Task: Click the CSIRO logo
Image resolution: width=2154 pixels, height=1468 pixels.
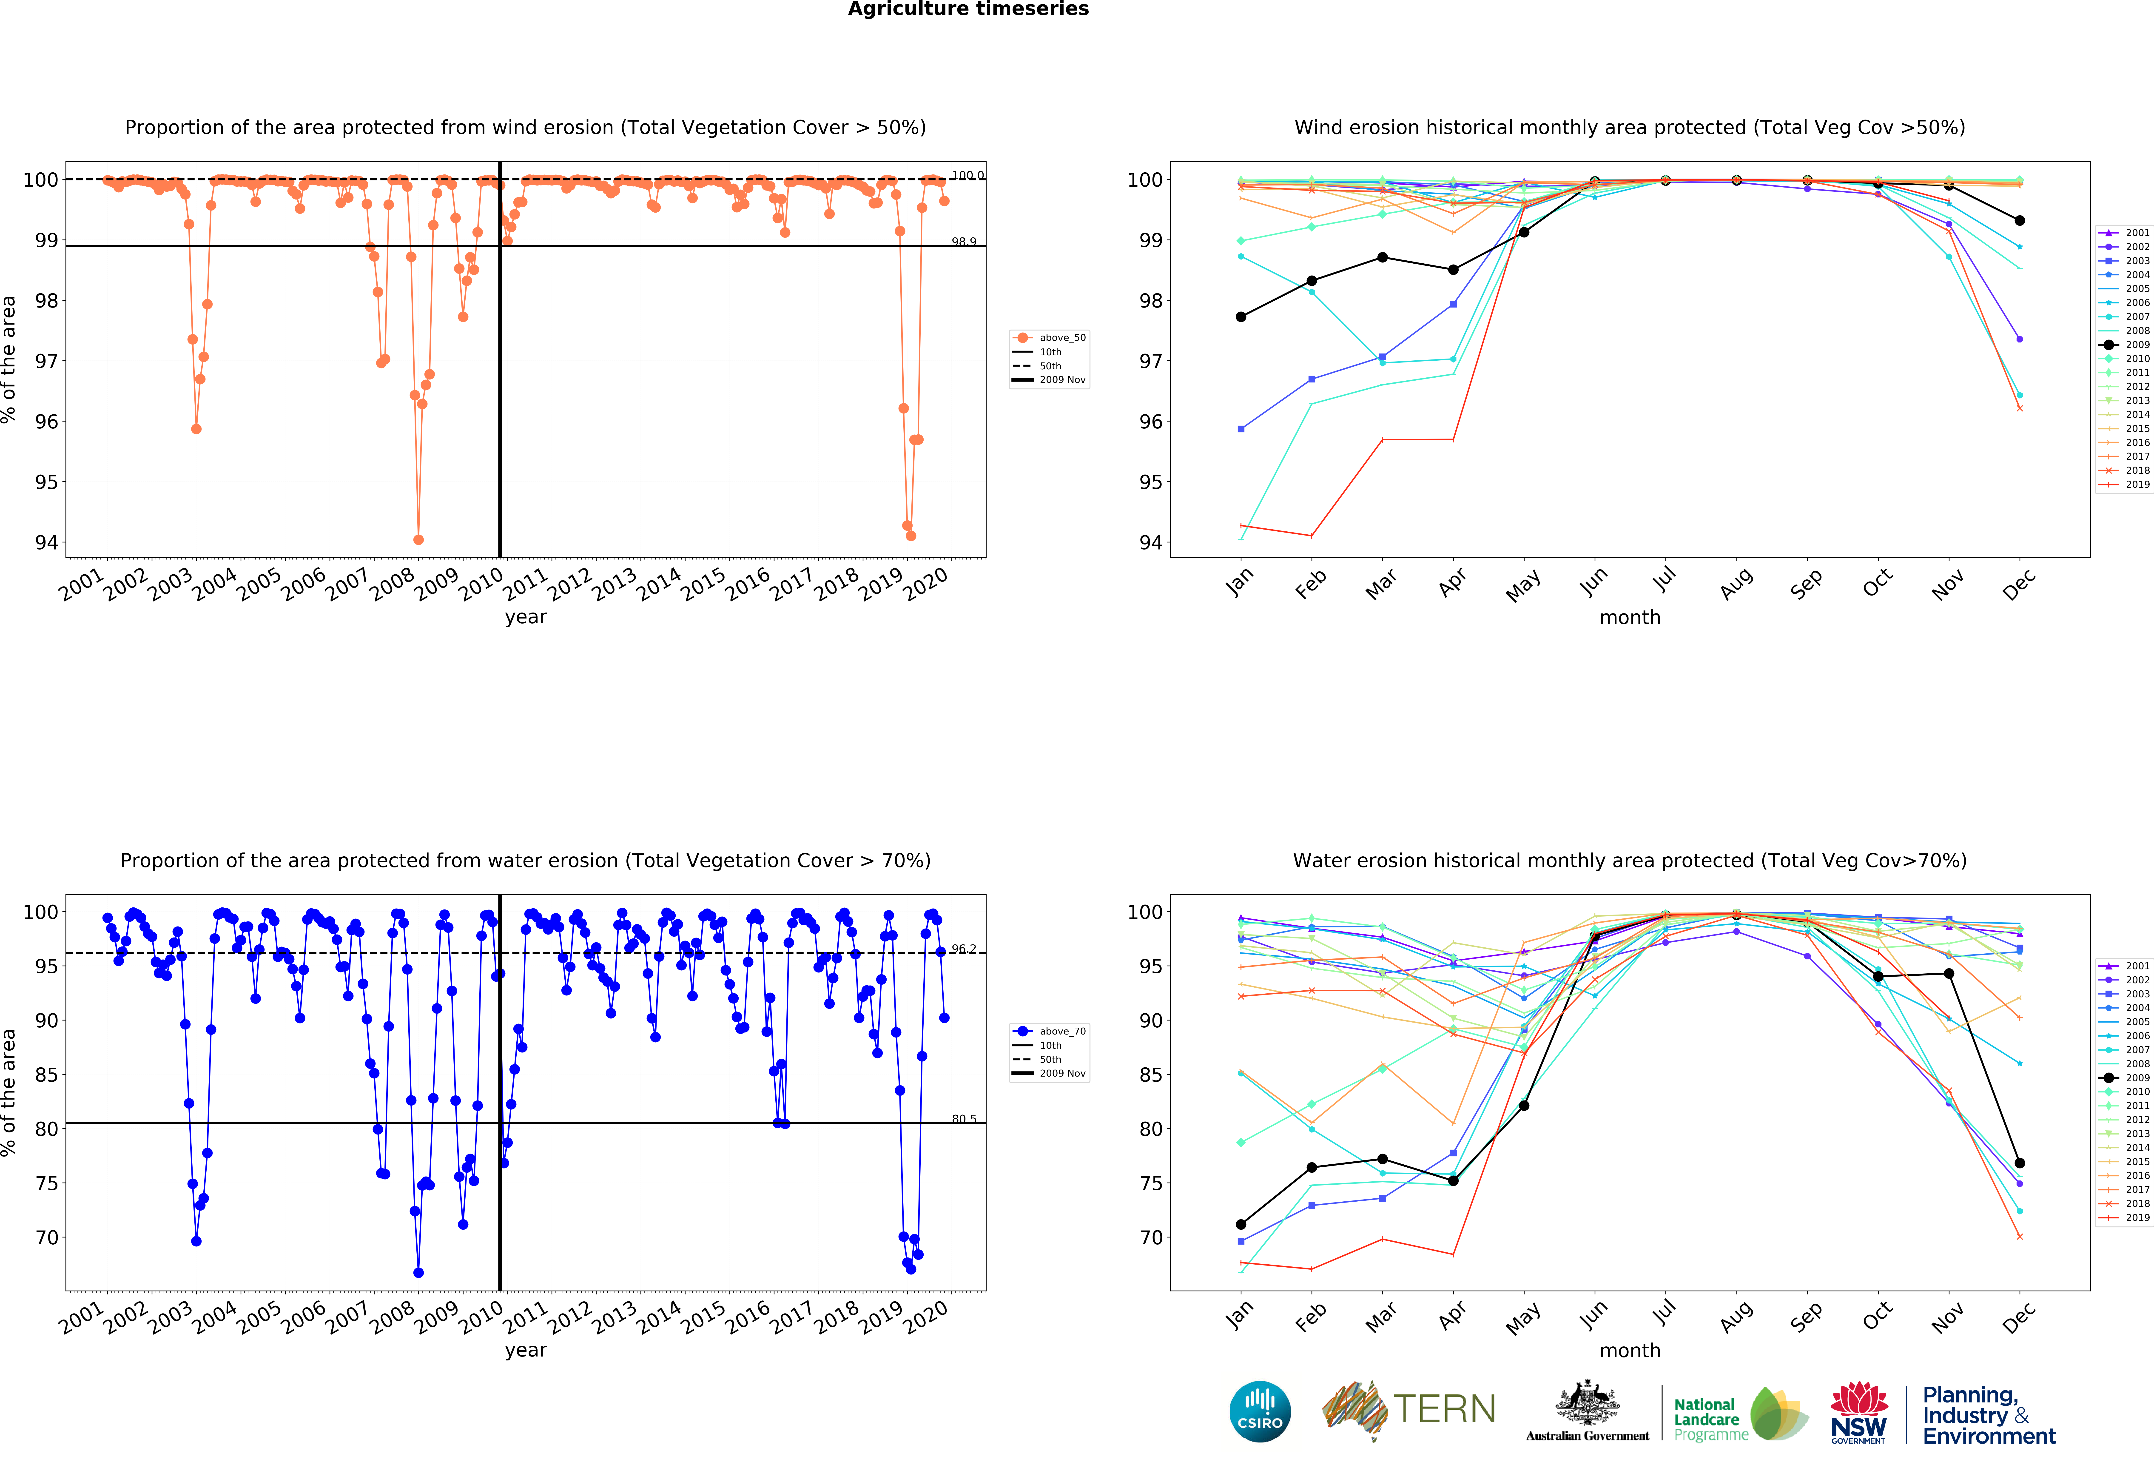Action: pos(1260,1411)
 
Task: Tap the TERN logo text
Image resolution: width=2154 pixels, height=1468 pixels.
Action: pos(1444,1410)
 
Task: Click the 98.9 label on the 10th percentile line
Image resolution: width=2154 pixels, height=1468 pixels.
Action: pos(964,242)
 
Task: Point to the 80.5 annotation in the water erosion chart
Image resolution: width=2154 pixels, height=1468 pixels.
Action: pos(964,1120)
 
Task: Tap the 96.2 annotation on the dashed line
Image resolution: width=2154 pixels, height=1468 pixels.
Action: pos(964,949)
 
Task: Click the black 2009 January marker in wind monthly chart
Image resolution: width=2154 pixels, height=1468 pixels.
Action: pos(1241,317)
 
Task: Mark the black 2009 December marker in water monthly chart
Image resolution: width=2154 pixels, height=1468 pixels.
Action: pos(2020,1163)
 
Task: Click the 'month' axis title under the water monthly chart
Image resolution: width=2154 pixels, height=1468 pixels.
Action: pos(1629,1350)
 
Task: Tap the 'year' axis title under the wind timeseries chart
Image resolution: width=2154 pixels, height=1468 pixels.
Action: pos(526,617)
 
